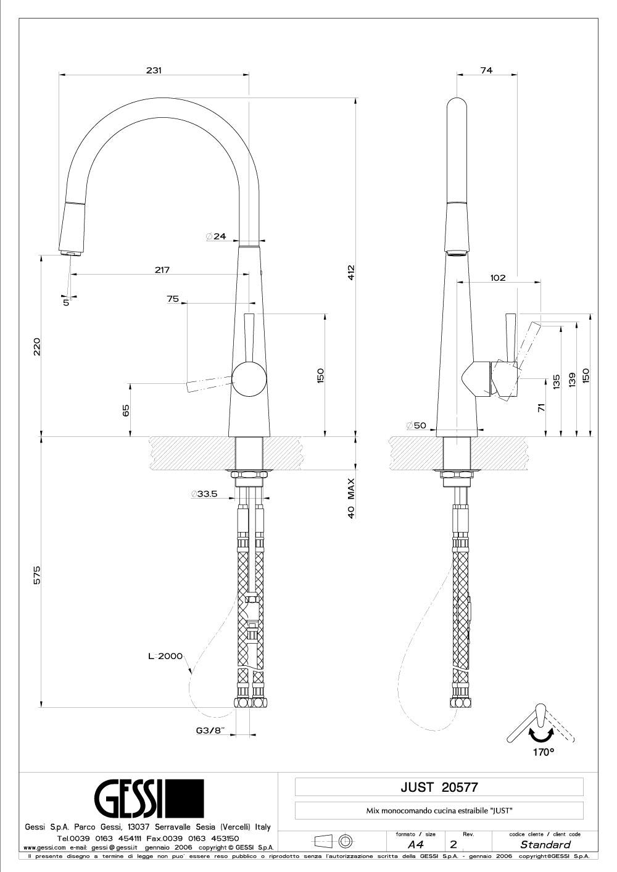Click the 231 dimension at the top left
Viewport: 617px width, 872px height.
pos(154,70)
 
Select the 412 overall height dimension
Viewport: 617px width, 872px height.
pos(351,273)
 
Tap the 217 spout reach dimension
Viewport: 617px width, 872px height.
pos(162,270)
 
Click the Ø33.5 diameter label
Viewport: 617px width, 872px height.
pos(204,494)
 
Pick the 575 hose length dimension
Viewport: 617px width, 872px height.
pos(37,575)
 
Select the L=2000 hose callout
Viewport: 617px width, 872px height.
pos(165,656)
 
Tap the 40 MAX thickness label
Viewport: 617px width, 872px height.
pos(351,499)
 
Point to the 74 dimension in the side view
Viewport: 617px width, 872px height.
pos(487,70)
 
